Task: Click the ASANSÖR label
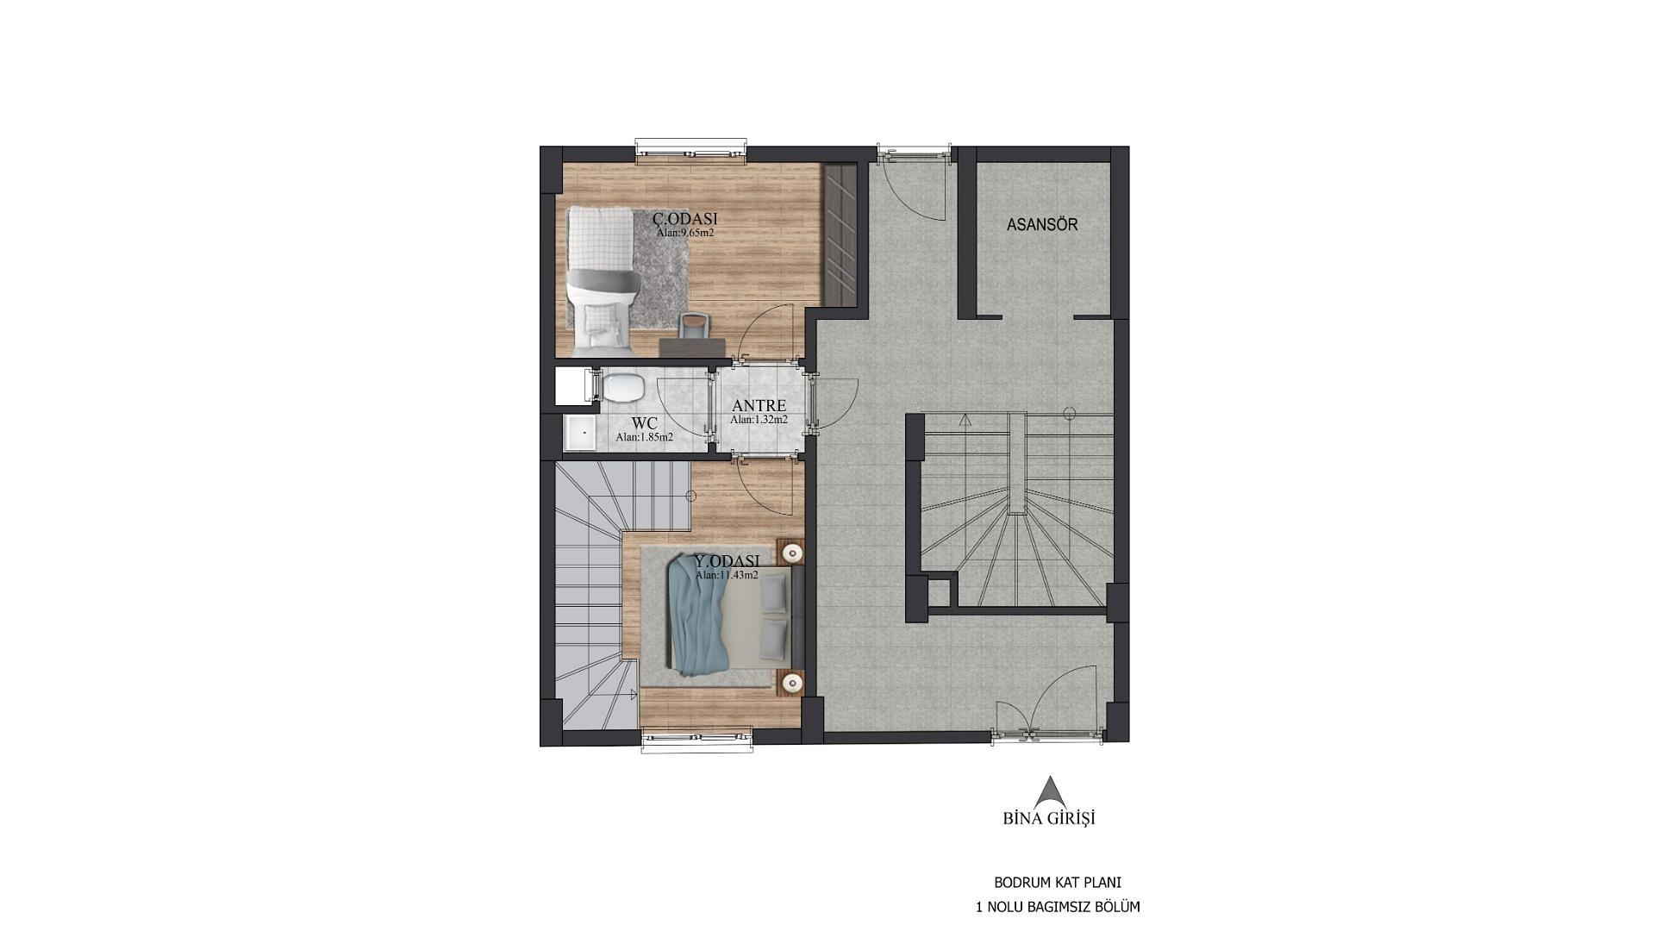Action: [1042, 225]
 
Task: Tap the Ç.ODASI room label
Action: [685, 219]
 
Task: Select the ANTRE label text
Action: [759, 405]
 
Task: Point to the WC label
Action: [645, 423]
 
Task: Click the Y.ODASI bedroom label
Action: [727, 560]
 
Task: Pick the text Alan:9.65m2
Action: [685, 233]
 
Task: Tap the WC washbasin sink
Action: [580, 433]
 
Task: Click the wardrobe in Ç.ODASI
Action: [840, 234]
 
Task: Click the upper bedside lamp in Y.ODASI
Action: [791, 551]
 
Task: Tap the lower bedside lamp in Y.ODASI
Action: [791, 683]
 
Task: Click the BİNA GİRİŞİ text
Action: [1049, 818]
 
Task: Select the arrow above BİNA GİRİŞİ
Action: [1049, 792]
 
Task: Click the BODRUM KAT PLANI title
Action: [1058, 883]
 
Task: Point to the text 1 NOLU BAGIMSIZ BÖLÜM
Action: [1058, 907]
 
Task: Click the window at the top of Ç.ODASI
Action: [691, 150]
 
